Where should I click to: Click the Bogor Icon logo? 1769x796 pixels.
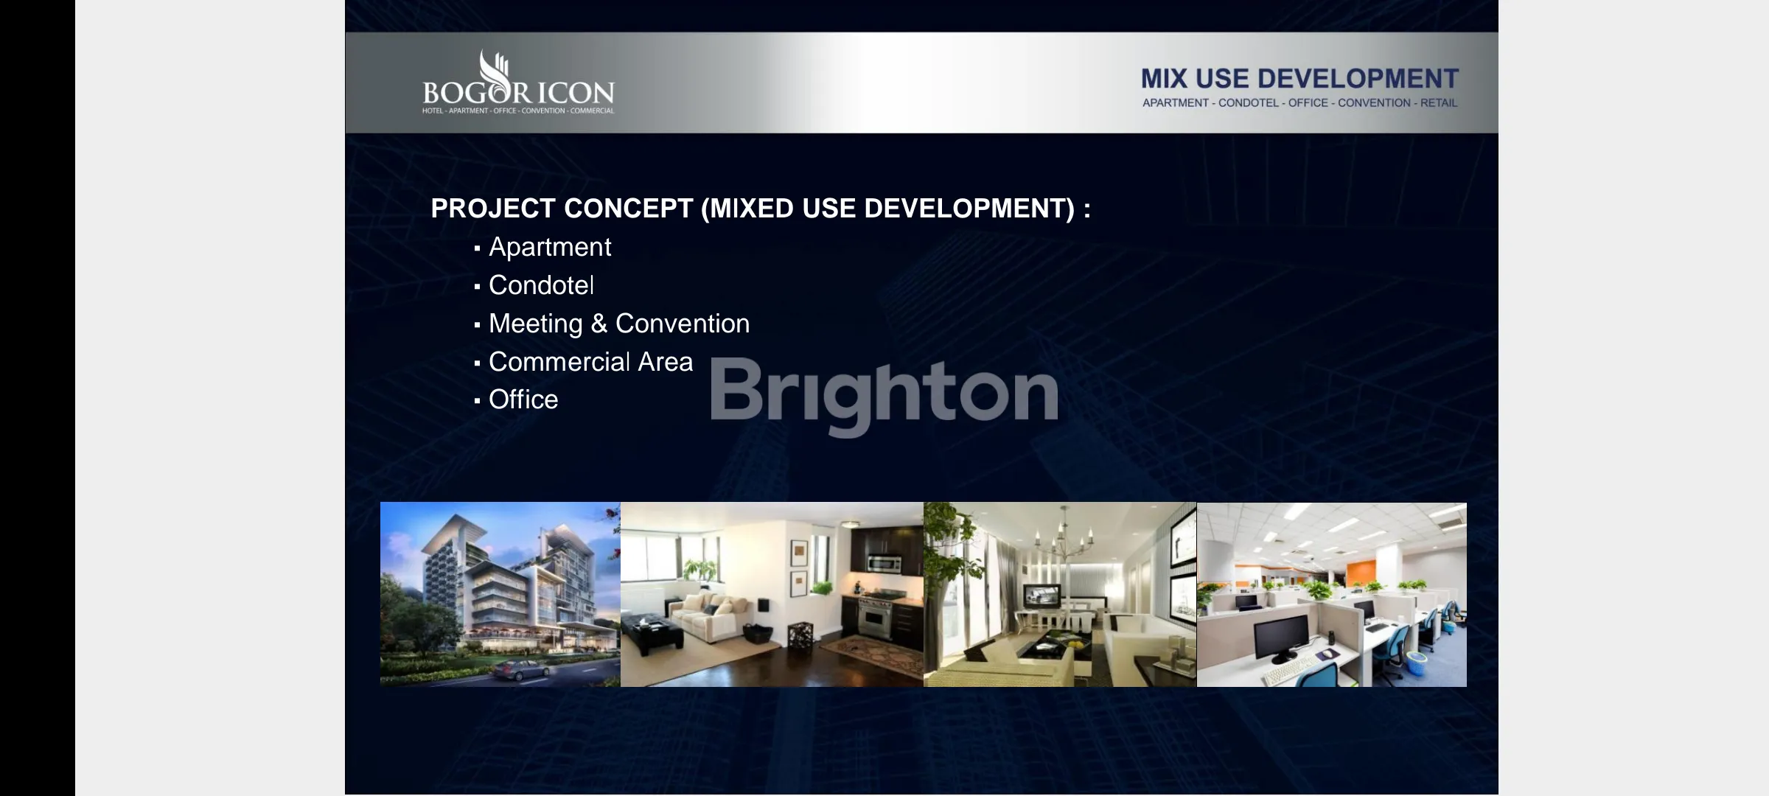pos(518,82)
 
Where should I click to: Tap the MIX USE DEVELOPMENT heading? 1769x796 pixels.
pos(1299,79)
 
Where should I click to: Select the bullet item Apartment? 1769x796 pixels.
pos(550,247)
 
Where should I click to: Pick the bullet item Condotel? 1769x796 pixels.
pos(541,285)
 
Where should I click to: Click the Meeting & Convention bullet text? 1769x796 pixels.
pos(619,324)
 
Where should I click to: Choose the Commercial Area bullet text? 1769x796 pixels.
pos(590,362)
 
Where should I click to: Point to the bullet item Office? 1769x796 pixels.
pos(523,399)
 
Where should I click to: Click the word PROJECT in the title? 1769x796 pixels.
pos(492,209)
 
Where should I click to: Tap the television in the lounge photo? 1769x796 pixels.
pos(1040,596)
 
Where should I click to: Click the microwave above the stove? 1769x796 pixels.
pos(884,564)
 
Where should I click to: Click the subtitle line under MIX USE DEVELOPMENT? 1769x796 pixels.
pos(1300,103)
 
